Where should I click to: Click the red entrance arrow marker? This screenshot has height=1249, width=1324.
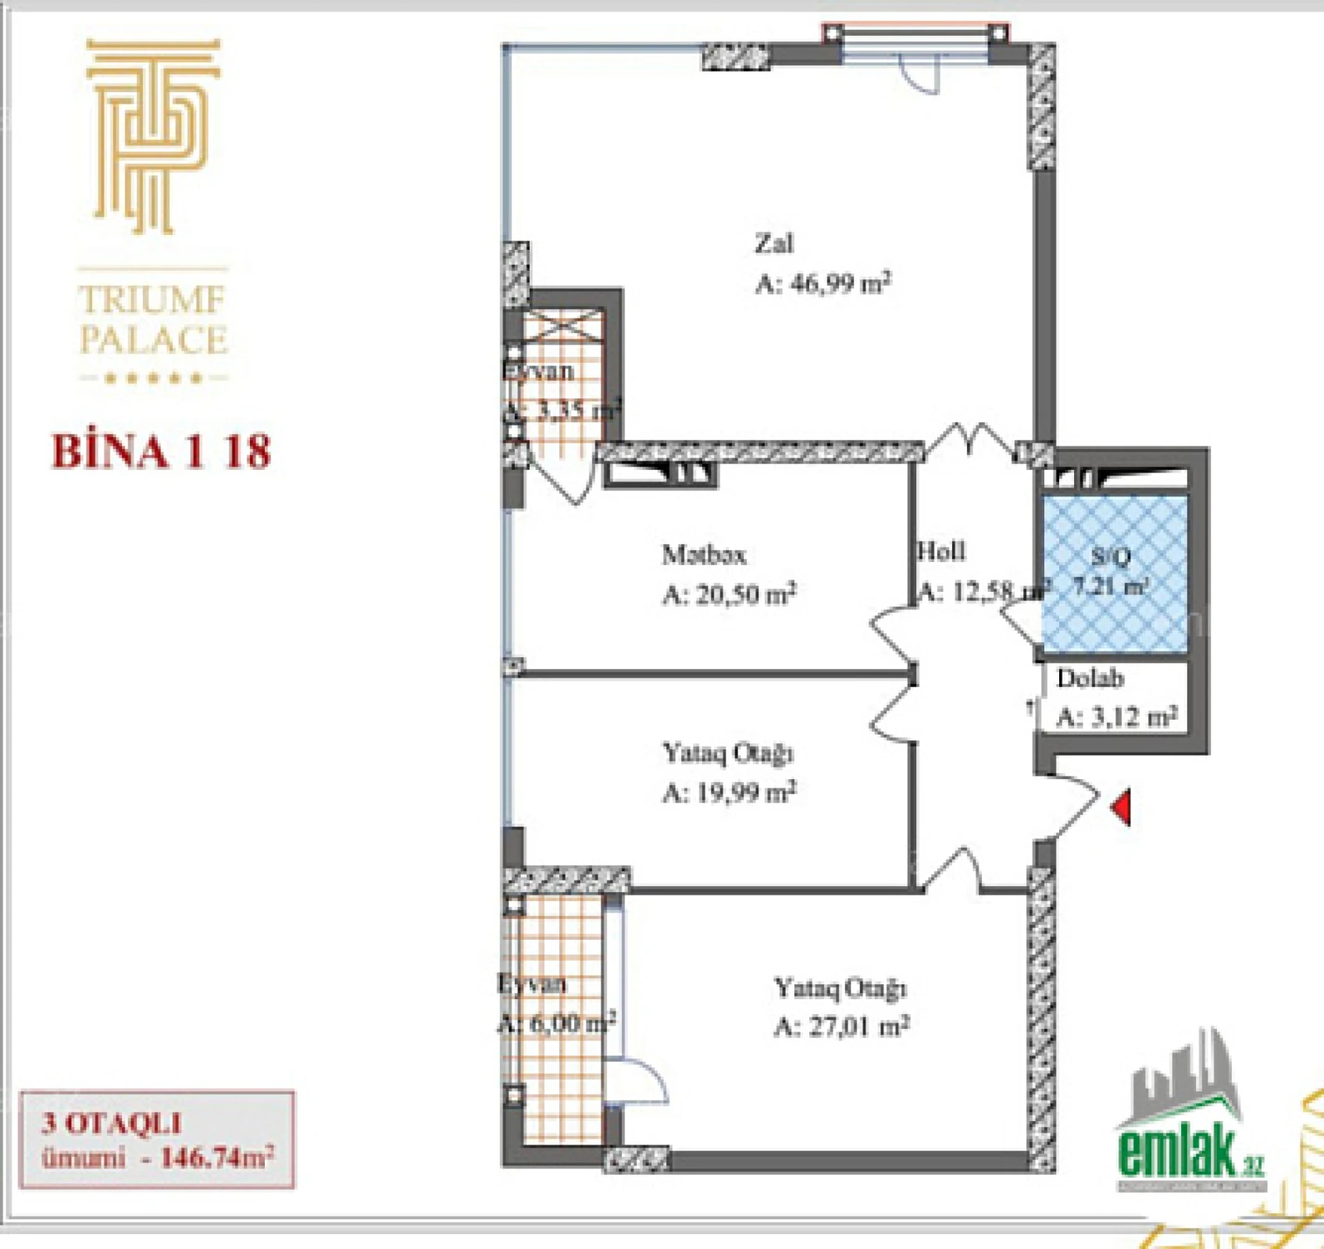point(1122,807)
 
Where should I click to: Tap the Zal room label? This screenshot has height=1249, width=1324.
point(773,244)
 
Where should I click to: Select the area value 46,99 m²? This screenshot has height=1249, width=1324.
point(823,283)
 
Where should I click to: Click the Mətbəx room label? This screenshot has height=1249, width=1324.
point(704,555)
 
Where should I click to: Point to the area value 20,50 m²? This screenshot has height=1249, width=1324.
point(729,595)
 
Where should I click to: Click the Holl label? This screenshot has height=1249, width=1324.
point(941,552)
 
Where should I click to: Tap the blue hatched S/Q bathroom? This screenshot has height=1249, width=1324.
point(1115,574)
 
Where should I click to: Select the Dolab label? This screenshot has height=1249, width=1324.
point(1090,678)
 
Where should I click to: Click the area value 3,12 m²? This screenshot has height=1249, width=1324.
point(1116,717)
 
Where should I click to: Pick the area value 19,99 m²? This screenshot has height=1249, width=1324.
point(729,793)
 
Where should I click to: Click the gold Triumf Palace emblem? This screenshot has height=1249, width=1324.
point(153,137)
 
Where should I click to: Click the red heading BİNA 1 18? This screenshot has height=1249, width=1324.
point(161,452)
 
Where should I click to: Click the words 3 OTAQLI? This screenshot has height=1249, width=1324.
point(112,1123)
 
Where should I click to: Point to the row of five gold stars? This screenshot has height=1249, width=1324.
point(153,379)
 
